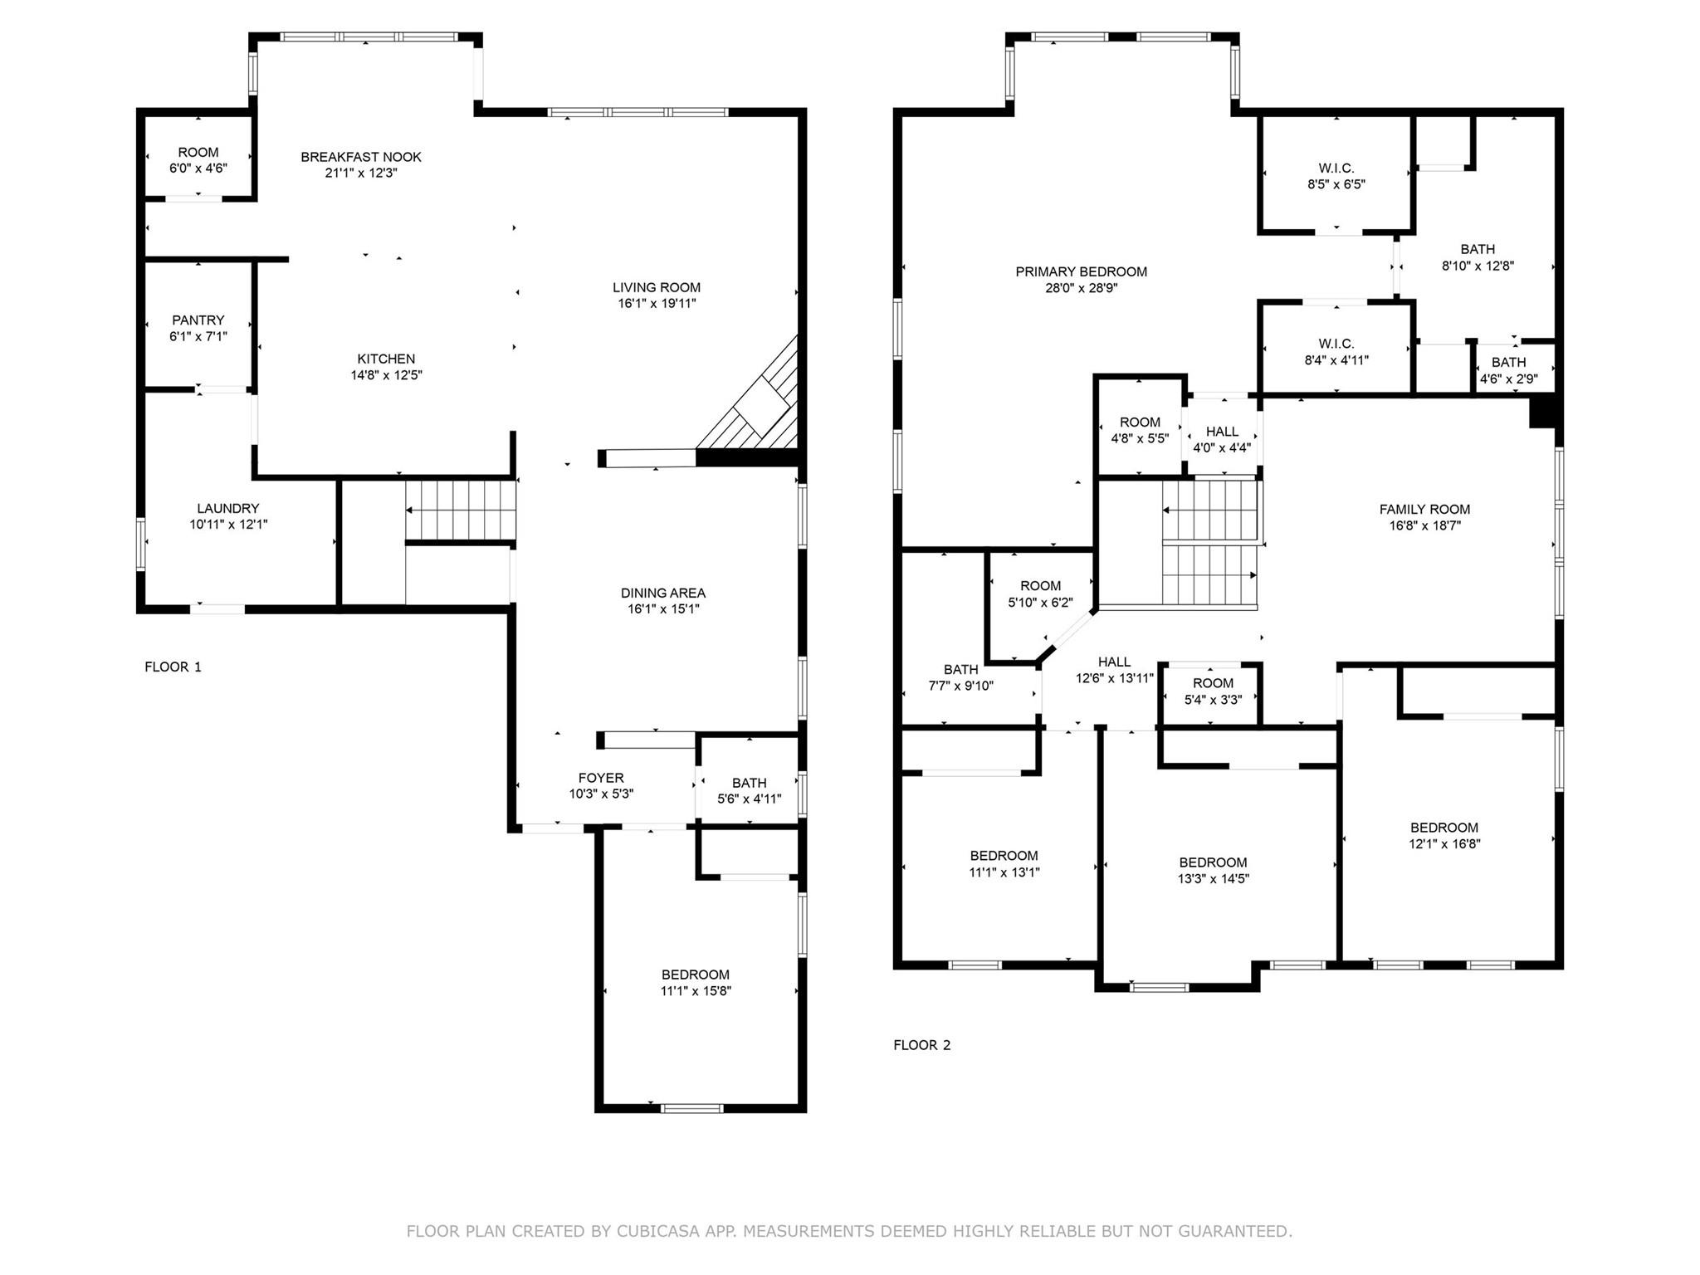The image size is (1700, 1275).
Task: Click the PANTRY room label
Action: pos(198,320)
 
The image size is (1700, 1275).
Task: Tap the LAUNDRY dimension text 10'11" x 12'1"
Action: pos(228,525)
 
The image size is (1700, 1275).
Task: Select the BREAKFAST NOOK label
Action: pos(361,157)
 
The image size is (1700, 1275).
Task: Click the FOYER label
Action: pos(601,778)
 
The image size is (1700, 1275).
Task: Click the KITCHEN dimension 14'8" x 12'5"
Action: pos(386,375)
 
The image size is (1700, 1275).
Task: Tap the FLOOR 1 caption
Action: pos(173,667)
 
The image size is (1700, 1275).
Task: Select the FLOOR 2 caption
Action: pos(921,1045)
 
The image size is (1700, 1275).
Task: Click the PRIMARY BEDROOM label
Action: pos(1081,271)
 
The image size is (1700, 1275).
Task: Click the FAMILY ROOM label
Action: pos(1424,510)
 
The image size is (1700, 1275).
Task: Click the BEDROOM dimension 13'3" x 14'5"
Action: pos(1213,879)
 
